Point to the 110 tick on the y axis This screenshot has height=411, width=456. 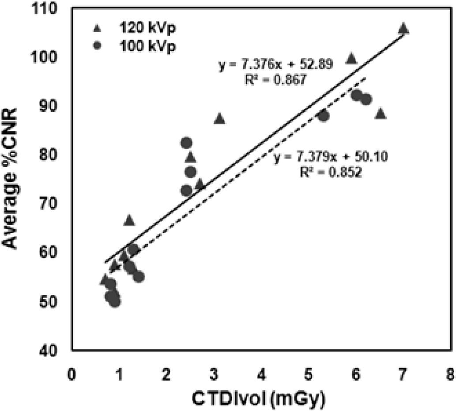click(55, 9)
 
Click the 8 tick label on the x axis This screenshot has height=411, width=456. click(449, 367)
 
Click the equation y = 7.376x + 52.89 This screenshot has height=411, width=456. click(275, 65)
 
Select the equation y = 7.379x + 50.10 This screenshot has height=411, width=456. click(330, 158)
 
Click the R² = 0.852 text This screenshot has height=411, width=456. click(330, 173)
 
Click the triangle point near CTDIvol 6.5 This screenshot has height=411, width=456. click(380, 114)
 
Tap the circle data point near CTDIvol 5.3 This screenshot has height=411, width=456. click(323, 116)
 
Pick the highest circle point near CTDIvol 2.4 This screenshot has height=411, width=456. click(186, 143)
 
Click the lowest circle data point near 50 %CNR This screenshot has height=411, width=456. click(115, 302)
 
